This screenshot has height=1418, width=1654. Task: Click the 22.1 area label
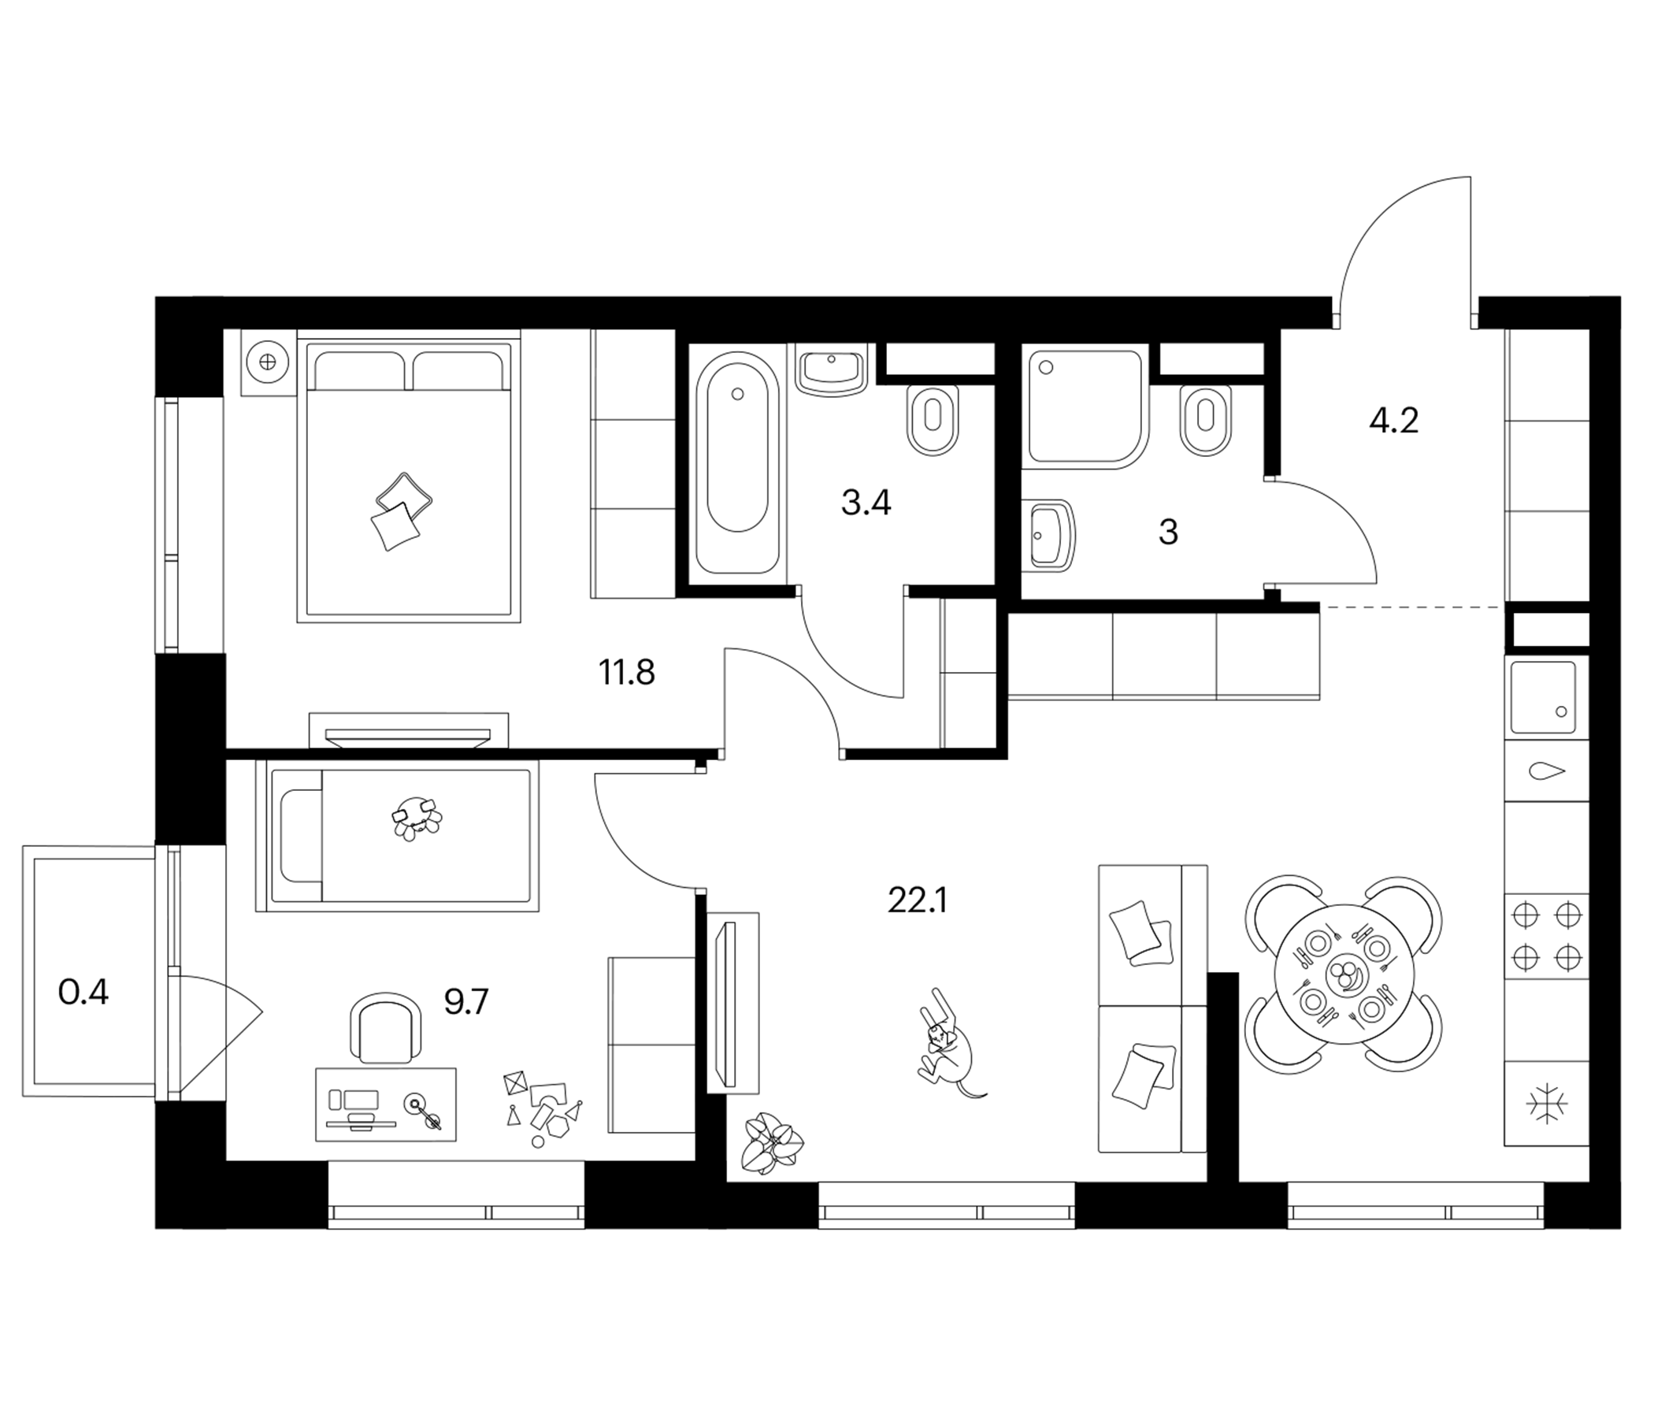tap(918, 900)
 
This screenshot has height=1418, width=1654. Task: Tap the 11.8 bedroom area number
tap(627, 672)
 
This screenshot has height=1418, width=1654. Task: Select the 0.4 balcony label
tap(83, 993)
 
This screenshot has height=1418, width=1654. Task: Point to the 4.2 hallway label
tap(1394, 420)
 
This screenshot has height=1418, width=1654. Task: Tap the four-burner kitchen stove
tap(1546, 935)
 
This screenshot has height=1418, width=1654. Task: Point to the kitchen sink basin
tap(1542, 698)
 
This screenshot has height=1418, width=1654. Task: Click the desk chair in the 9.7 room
tap(387, 1027)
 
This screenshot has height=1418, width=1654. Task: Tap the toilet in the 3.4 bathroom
tap(933, 420)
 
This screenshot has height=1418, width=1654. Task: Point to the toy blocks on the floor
tap(542, 1108)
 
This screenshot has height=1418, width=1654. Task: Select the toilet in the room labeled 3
tap(1205, 420)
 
